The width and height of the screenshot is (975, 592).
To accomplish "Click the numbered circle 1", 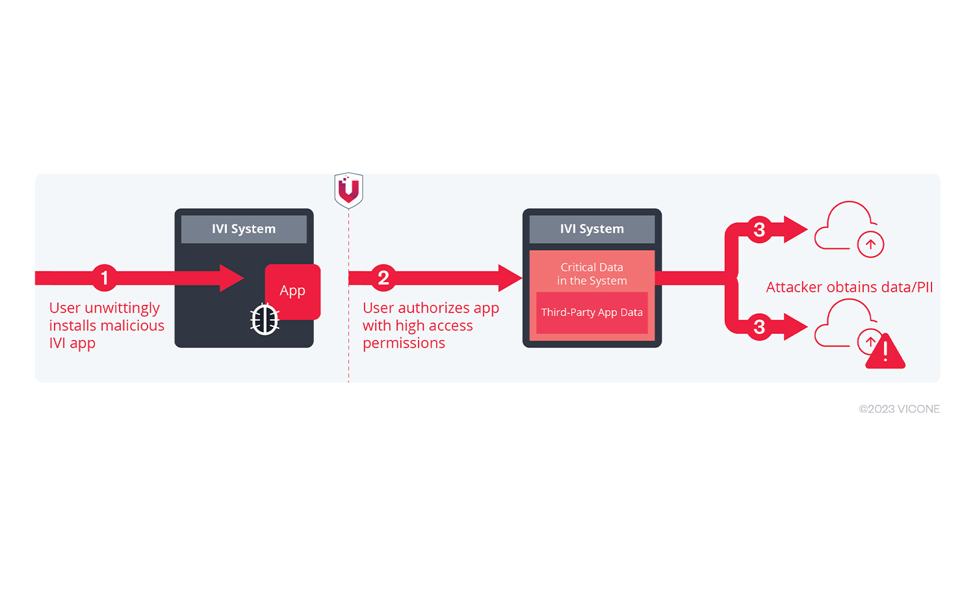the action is tap(105, 277).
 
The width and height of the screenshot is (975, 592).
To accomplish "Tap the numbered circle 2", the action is tap(383, 277).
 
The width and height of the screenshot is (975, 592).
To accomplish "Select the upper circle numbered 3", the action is tap(760, 229).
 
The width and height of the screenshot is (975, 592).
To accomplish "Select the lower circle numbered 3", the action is tap(760, 327).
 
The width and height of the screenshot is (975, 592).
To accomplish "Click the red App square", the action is tap(292, 291).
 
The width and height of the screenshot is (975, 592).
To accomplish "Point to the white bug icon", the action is tap(265, 320).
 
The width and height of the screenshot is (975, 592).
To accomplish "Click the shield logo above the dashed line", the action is tap(348, 190).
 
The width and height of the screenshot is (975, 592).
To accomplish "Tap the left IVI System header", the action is tap(244, 229).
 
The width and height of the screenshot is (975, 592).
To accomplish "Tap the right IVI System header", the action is tap(592, 229).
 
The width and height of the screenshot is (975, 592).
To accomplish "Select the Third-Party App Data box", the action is tap(592, 313).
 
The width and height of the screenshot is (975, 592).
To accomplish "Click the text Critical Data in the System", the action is tap(592, 274).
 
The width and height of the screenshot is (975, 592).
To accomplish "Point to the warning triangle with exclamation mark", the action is tap(885, 352).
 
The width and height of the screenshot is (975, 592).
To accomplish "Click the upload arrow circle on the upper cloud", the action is tap(870, 244).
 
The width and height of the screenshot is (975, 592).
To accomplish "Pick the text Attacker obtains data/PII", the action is tap(849, 287).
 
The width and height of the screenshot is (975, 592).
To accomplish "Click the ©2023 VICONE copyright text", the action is tap(899, 409).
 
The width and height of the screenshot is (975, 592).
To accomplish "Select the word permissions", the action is tap(404, 344).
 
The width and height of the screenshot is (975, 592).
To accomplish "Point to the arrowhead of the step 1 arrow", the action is tap(231, 277).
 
